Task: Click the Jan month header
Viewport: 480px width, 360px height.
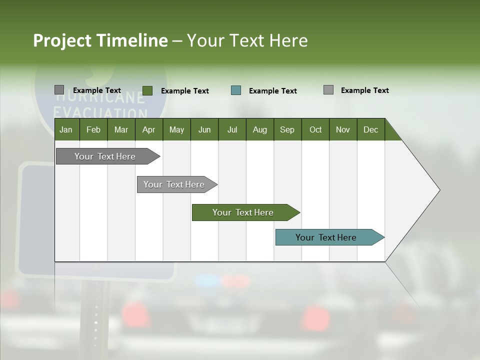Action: (x=66, y=129)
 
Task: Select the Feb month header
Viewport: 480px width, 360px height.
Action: (x=93, y=129)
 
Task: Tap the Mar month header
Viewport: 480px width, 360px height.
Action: (x=121, y=129)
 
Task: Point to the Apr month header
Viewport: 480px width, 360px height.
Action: (x=148, y=129)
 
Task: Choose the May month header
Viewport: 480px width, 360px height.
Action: (x=176, y=129)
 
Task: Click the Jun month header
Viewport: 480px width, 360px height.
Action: (x=204, y=129)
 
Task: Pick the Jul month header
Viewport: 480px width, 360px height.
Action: (x=232, y=129)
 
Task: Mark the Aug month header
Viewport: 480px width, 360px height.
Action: (x=259, y=129)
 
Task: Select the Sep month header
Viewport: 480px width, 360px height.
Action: (x=287, y=129)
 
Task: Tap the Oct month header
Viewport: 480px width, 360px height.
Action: (x=315, y=129)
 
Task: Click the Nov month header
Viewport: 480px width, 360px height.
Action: (x=343, y=129)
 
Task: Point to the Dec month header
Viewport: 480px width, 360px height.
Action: (x=370, y=129)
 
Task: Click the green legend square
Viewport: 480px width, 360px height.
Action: (x=147, y=90)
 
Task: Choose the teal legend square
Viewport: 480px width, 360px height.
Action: (x=236, y=90)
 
